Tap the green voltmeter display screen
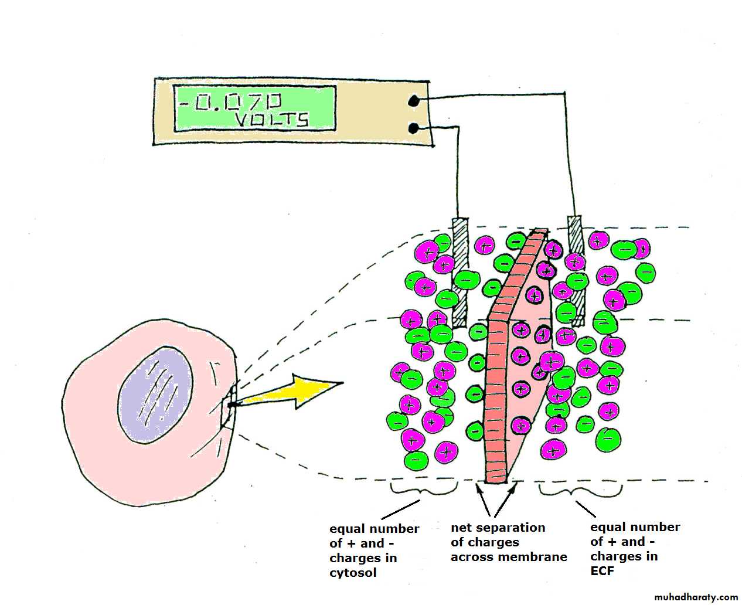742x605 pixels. coord(254,108)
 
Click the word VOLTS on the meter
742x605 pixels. coord(271,120)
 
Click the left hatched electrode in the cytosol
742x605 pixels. coord(460,273)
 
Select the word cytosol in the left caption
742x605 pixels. coord(353,573)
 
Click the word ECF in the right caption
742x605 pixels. coord(602,570)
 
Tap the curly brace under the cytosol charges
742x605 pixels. coord(424,489)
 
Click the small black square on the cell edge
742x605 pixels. coord(232,405)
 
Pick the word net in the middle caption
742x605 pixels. coord(461,528)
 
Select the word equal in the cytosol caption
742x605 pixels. coord(346,529)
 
